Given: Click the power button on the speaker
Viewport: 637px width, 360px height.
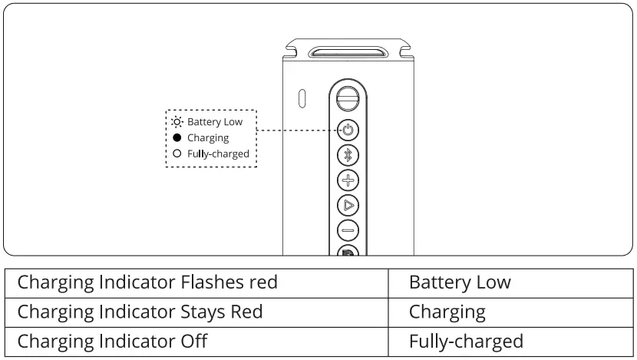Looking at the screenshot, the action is pos(348,130).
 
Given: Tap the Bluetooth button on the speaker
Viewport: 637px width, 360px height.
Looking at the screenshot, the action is pos(348,155).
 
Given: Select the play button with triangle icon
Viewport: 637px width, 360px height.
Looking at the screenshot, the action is pos(348,205).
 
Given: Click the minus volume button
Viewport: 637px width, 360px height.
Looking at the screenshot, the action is pos(348,230).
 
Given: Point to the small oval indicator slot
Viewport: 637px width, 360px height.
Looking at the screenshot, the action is pos(302,98).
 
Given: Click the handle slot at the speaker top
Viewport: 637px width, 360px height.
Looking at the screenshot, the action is pos(348,52).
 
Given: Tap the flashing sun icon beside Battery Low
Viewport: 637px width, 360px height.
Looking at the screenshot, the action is pos(177,121).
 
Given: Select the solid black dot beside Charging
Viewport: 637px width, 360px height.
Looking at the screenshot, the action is pos(177,137).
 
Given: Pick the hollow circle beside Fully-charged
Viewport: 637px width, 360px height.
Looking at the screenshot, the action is pos(177,154).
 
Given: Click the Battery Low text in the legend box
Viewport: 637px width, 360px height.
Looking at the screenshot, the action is pos(215,121).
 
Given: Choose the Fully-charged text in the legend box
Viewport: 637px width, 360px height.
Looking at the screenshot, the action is pos(218,154).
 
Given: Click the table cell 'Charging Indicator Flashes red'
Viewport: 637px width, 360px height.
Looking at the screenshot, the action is pos(196,283).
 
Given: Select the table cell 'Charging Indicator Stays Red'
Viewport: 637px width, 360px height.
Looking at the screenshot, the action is pos(196,312).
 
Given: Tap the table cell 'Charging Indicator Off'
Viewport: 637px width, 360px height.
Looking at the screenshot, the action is pos(196,342).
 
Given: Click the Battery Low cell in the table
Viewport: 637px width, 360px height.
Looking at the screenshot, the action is pos(510,283).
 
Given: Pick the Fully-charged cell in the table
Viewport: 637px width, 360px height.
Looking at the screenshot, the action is pos(510,342).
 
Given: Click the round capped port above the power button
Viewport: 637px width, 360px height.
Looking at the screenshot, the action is pos(348,98).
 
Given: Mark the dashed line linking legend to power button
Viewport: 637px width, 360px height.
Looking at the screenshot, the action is pos(299,130).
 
